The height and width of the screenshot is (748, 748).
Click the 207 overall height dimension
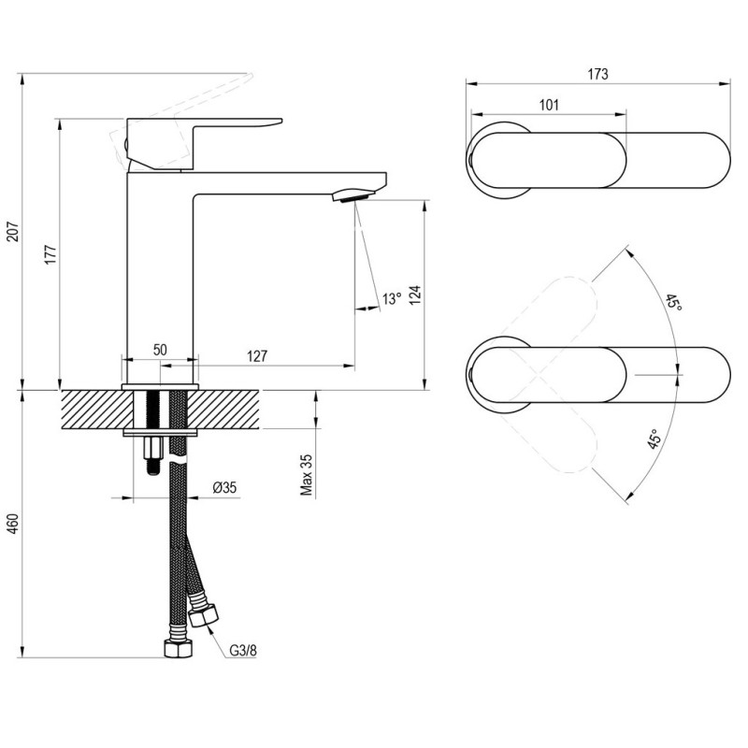(14, 231)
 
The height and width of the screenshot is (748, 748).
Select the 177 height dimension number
(50, 254)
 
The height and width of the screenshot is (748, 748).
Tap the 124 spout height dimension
(414, 295)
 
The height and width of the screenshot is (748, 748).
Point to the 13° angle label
(392, 299)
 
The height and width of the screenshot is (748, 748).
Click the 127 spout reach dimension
(258, 356)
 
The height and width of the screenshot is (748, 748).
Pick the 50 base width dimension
(160, 350)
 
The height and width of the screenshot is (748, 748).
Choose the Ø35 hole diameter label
(224, 487)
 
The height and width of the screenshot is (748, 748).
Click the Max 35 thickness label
(307, 475)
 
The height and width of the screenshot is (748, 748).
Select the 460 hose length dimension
(14, 524)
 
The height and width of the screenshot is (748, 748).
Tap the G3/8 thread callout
(243, 650)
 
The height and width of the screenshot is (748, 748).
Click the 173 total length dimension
(597, 74)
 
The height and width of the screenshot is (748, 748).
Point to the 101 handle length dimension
(549, 105)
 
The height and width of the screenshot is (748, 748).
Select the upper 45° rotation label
(673, 302)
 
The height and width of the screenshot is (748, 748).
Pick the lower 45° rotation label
(654, 439)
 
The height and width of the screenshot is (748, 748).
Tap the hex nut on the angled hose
(204, 615)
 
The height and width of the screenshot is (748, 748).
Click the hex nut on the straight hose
(178, 648)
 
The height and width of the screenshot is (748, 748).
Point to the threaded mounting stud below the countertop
(152, 454)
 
